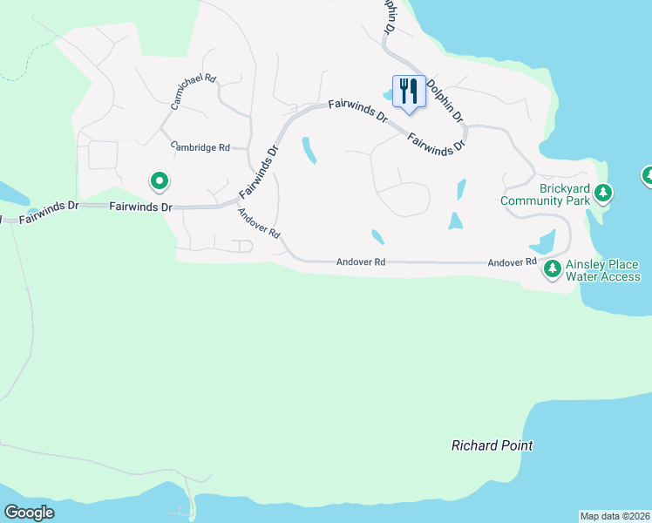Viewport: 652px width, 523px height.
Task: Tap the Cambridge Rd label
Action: click(x=200, y=147)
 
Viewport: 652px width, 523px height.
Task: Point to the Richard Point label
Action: click(x=492, y=445)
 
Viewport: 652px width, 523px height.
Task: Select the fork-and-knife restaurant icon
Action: click(x=408, y=91)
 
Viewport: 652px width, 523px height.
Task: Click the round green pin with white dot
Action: click(x=160, y=181)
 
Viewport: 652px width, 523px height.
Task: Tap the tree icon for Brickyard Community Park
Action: click(x=602, y=193)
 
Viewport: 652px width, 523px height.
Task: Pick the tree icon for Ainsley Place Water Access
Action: click(x=553, y=269)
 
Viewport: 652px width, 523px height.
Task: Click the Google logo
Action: click(x=29, y=513)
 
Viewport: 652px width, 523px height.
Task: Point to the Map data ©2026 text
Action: click(x=615, y=516)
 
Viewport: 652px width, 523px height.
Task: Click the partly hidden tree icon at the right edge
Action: click(x=648, y=176)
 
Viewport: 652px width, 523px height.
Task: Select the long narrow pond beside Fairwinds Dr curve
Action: click(x=309, y=150)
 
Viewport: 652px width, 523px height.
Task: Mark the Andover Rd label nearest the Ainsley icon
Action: click(x=512, y=262)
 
